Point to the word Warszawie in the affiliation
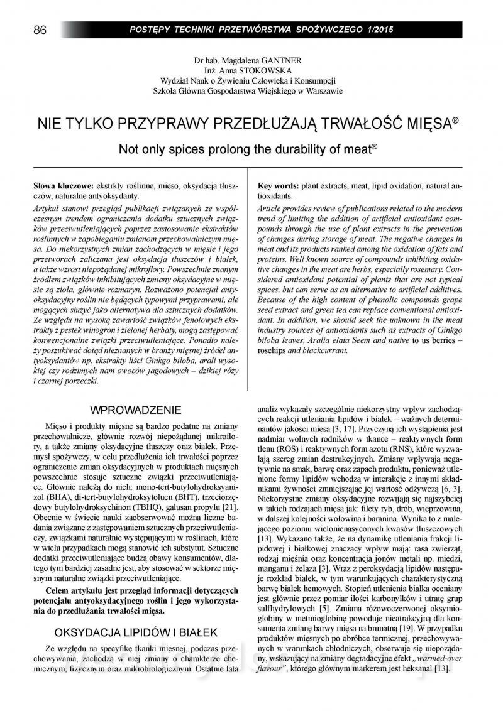point(319,91)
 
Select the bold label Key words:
point(279,187)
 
